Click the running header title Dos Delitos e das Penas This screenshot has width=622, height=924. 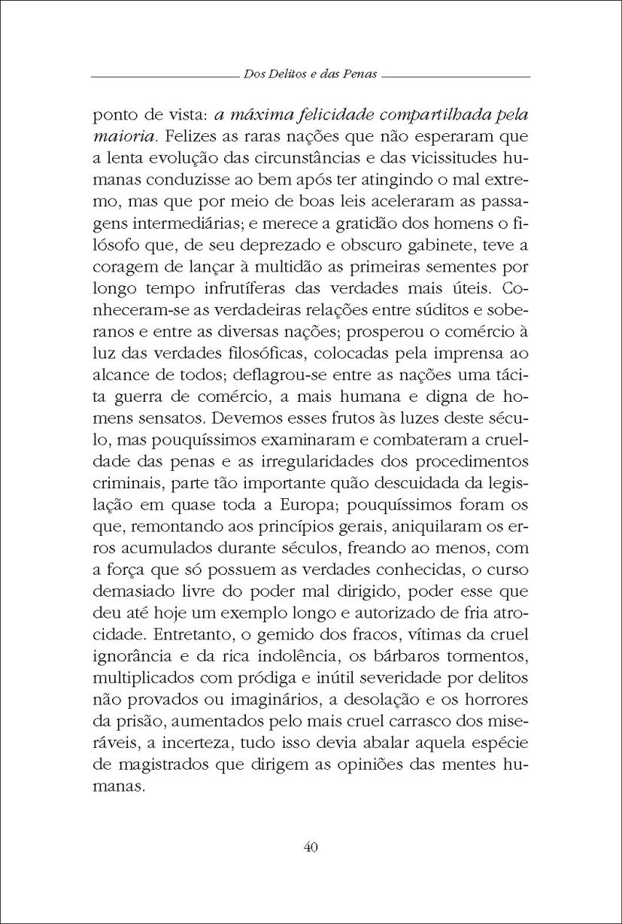tap(310, 75)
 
